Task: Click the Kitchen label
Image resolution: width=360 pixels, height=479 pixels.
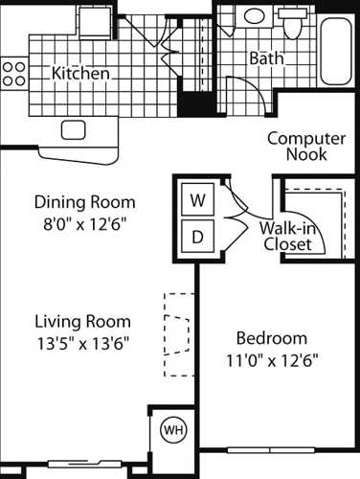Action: pyautogui.click(x=80, y=73)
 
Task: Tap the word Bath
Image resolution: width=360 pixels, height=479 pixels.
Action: pyautogui.click(x=266, y=58)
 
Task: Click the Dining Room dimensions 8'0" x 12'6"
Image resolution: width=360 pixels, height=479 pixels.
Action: pyautogui.click(x=84, y=222)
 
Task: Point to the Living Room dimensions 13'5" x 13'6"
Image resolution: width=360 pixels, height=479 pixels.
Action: pyautogui.click(x=83, y=341)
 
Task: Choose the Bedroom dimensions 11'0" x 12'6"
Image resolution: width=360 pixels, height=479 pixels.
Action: pyautogui.click(x=271, y=359)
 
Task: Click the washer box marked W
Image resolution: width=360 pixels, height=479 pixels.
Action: pyautogui.click(x=198, y=201)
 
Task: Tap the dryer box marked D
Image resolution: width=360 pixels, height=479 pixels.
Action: pyautogui.click(x=198, y=236)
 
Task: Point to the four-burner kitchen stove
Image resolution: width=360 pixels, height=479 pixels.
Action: pyautogui.click(x=12, y=73)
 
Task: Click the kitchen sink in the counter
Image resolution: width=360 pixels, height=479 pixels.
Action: pyautogui.click(x=75, y=129)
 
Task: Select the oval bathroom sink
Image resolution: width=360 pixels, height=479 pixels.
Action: pyautogui.click(x=255, y=15)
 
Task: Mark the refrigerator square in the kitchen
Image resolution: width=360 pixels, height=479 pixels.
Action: pyautogui.click(x=95, y=20)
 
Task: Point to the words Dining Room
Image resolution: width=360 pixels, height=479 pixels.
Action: pyautogui.click(x=84, y=202)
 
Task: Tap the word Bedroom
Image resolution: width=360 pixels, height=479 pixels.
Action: pyautogui.click(x=271, y=338)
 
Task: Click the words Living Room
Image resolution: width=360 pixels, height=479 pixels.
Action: pyautogui.click(x=83, y=321)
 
